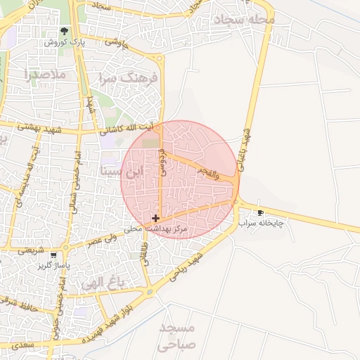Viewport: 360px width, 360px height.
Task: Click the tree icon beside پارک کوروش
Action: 65,31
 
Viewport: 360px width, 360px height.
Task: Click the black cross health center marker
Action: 155,219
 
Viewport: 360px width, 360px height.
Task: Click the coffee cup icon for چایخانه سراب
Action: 261,212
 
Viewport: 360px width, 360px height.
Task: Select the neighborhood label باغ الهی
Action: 102,283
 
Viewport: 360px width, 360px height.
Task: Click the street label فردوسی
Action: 162,161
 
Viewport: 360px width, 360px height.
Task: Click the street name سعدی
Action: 22,346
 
